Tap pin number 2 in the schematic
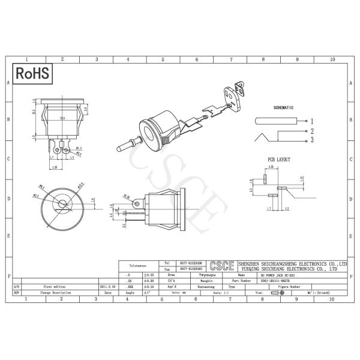tap(312, 130)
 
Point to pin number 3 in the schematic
tap(312, 140)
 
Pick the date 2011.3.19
tap(108, 287)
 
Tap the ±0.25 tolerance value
tap(148, 274)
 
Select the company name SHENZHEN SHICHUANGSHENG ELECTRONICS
tap(292, 263)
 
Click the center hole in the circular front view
tap(62, 203)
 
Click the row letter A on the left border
tap(7, 83)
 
